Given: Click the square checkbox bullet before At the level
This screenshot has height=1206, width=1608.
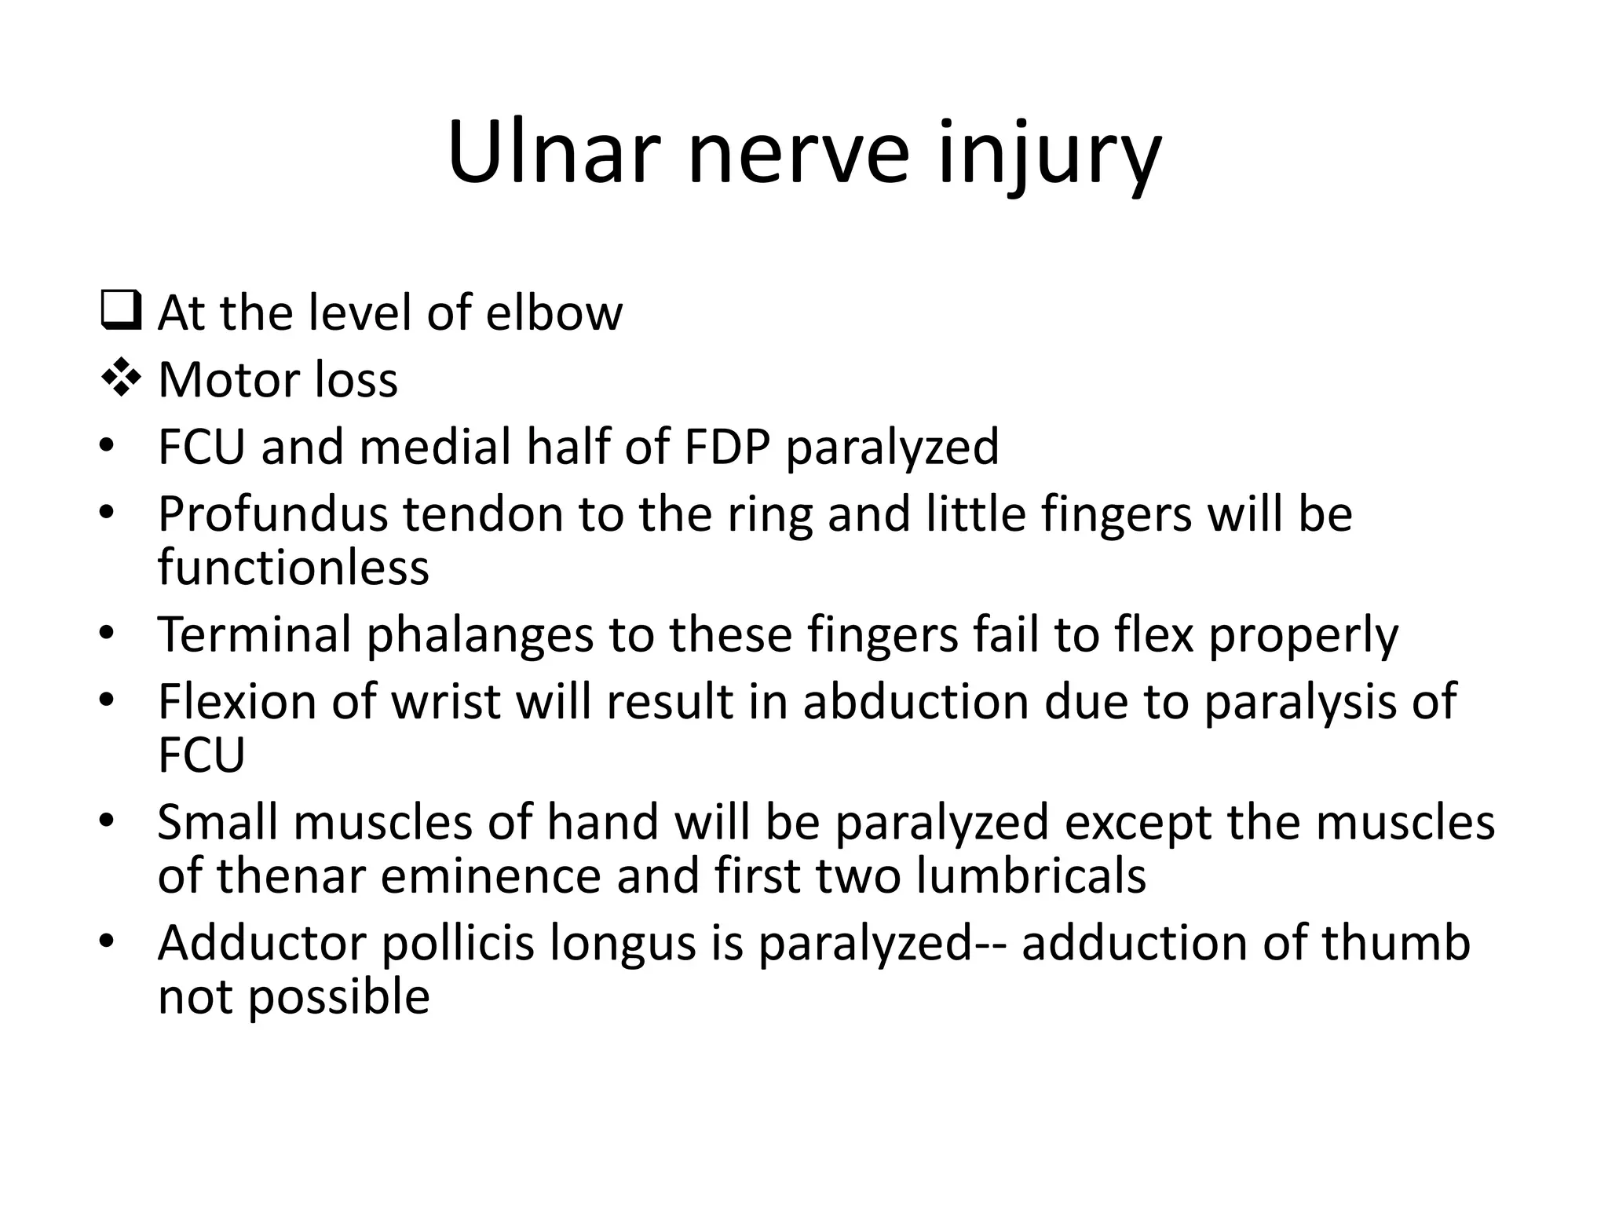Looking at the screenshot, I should pyautogui.click(x=120, y=311).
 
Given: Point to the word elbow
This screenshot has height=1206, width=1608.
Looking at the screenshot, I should pyautogui.click(x=554, y=312).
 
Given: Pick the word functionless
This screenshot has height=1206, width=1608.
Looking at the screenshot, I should pyautogui.click(x=293, y=567).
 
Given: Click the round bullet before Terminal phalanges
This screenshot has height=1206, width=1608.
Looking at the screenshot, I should pyautogui.click(x=107, y=633).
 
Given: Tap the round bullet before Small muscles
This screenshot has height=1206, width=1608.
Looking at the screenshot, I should pyautogui.click(x=107, y=821).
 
